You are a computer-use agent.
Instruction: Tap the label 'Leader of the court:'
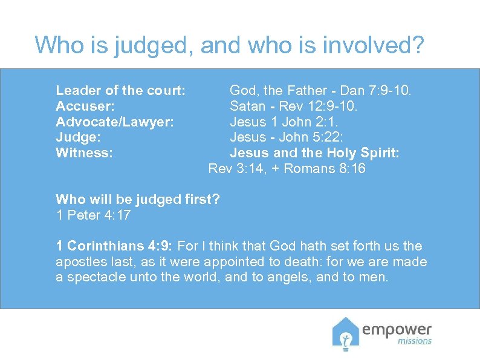point(120,91)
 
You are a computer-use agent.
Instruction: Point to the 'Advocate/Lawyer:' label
point(115,122)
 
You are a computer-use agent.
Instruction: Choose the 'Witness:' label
point(84,153)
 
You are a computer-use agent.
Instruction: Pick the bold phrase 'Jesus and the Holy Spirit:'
point(314,153)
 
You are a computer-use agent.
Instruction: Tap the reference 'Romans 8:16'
point(324,169)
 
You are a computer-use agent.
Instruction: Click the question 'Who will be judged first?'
point(137,199)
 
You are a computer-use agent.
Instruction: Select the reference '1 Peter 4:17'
point(93,215)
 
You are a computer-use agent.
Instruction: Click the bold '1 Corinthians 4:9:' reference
point(114,246)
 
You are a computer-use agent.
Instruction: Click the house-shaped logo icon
point(345,334)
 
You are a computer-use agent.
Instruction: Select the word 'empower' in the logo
point(397,330)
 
